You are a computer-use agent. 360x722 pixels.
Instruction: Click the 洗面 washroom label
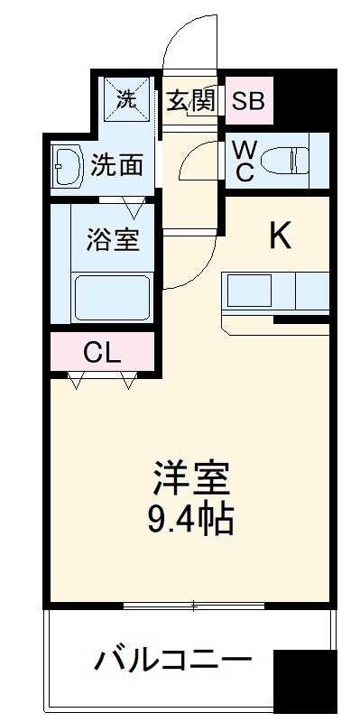(117, 165)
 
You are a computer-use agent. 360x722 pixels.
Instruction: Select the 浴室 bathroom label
(114, 241)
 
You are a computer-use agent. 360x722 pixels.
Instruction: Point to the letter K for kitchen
(281, 236)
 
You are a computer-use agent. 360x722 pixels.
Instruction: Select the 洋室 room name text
(191, 477)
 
